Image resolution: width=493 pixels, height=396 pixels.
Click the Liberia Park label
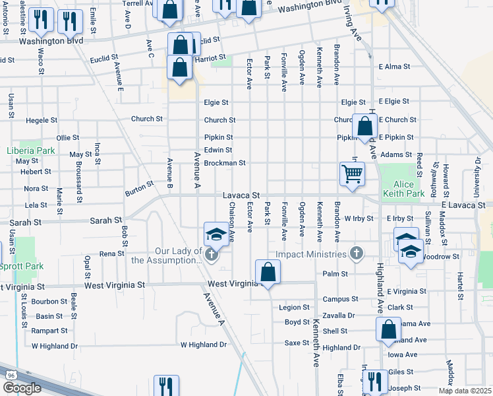coord(30,150)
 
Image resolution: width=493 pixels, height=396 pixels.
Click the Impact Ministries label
coord(310,254)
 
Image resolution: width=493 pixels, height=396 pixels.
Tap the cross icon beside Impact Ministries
coord(357,253)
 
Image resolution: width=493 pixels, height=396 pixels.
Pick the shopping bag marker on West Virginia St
coord(268,272)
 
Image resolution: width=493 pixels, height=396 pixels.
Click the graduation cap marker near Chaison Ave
coord(216,234)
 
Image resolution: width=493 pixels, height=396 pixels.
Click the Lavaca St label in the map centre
coord(241,195)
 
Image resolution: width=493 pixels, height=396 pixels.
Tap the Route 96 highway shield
coord(11,375)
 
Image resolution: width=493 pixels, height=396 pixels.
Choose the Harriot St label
coord(210,58)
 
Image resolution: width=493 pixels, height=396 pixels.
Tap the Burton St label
coord(138,189)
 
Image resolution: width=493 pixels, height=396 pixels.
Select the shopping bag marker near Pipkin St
coord(365,126)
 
